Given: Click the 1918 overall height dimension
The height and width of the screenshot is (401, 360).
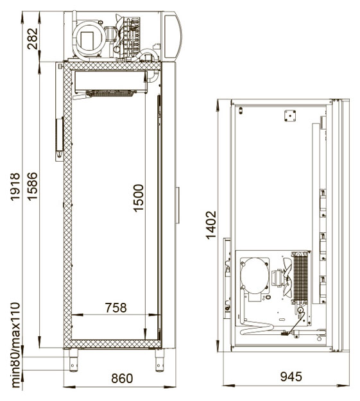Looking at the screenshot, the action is [x=15, y=187].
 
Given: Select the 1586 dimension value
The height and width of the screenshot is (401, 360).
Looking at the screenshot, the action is [x=33, y=187].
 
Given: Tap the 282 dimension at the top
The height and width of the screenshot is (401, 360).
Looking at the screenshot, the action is [x=33, y=38].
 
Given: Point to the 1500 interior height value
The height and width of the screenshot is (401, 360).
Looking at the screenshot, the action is [x=139, y=198].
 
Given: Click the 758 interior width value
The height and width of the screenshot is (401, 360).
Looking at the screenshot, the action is [x=116, y=308].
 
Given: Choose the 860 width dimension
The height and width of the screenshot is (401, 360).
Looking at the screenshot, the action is [x=122, y=379].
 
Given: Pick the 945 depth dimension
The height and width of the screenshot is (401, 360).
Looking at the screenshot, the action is [x=291, y=377].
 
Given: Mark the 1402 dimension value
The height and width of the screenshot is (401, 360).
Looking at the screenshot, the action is [x=211, y=225].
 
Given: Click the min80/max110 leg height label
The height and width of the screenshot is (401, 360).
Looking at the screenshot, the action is [x=15, y=345].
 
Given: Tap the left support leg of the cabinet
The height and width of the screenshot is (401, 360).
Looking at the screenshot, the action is [x=73, y=360].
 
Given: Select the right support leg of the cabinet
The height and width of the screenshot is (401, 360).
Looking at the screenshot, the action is [x=160, y=360].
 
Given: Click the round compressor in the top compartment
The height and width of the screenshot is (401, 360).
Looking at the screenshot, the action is [x=89, y=39].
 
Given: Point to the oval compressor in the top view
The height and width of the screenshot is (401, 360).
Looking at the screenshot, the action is [x=255, y=275].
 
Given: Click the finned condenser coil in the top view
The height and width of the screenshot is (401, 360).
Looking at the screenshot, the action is [x=300, y=278].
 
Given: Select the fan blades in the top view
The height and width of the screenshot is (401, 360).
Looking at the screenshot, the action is [x=287, y=277].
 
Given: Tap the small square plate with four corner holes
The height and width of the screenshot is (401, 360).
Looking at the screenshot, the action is [x=290, y=116].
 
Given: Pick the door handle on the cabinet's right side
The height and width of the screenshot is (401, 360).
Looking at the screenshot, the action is [x=177, y=205].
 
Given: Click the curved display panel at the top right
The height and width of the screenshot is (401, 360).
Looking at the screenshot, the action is [x=172, y=37].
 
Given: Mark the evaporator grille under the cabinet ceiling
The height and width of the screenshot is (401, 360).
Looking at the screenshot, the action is [x=110, y=93].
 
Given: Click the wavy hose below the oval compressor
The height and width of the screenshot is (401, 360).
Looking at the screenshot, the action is [x=257, y=328].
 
